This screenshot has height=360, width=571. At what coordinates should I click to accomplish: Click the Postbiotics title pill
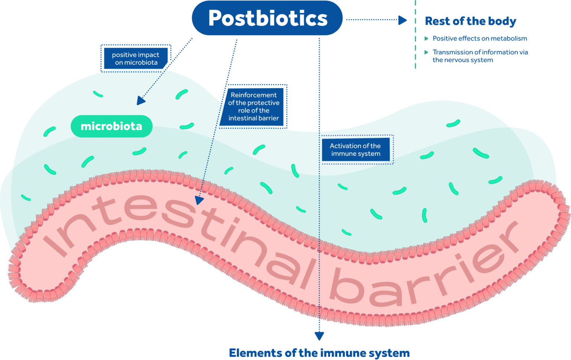(x=267, y=18)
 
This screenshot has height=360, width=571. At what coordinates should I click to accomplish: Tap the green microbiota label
(x=112, y=126)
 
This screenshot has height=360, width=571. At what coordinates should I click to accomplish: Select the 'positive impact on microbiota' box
(x=136, y=59)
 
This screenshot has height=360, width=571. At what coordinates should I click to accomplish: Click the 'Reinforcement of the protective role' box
(x=254, y=106)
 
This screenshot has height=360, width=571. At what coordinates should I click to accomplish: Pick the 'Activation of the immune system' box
(x=355, y=150)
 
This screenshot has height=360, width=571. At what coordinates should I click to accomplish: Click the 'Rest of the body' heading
(x=470, y=21)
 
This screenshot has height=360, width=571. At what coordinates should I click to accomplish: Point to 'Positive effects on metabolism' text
(x=480, y=39)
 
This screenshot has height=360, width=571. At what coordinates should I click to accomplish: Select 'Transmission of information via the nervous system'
(x=480, y=56)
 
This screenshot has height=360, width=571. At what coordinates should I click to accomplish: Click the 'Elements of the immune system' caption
(x=319, y=353)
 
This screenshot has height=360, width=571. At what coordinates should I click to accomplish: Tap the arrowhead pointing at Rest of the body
(x=402, y=20)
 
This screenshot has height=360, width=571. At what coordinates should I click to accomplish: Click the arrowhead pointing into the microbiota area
(x=141, y=100)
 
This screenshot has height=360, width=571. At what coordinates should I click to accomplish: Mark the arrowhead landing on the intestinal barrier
(x=199, y=201)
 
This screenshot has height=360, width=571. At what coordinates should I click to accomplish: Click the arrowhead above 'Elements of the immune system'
(x=319, y=336)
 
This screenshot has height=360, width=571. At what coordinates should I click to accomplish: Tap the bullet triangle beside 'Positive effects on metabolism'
(x=426, y=39)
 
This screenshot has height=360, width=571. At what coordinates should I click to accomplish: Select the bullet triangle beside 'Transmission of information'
(x=426, y=52)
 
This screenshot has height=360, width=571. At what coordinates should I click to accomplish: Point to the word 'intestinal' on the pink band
(x=178, y=231)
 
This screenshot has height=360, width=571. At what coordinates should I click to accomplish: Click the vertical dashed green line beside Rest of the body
(x=415, y=37)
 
